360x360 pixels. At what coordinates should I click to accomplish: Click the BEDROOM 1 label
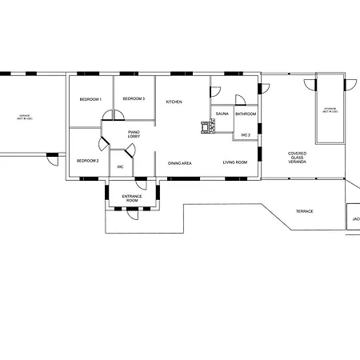90,99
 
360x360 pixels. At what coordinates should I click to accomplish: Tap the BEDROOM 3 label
133,98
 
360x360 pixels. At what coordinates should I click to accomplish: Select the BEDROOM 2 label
87,161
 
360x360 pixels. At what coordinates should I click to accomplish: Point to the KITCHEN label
174,102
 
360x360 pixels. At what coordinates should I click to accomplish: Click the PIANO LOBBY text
135,136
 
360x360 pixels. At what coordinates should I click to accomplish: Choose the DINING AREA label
179,163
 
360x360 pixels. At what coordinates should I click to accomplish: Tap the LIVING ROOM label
234,163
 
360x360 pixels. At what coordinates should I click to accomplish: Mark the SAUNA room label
222,114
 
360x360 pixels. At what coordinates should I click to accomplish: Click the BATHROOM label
246,114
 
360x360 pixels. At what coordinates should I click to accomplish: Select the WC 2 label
246,135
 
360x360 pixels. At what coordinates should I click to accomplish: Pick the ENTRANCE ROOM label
131,198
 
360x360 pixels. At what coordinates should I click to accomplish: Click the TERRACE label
304,211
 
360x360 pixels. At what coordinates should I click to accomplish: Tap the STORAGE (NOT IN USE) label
330,110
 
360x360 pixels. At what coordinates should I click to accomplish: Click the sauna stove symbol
206,125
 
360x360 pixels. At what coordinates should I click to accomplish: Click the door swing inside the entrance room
154,190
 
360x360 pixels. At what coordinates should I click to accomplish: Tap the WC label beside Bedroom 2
120,166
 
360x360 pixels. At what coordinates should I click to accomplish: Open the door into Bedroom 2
103,145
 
